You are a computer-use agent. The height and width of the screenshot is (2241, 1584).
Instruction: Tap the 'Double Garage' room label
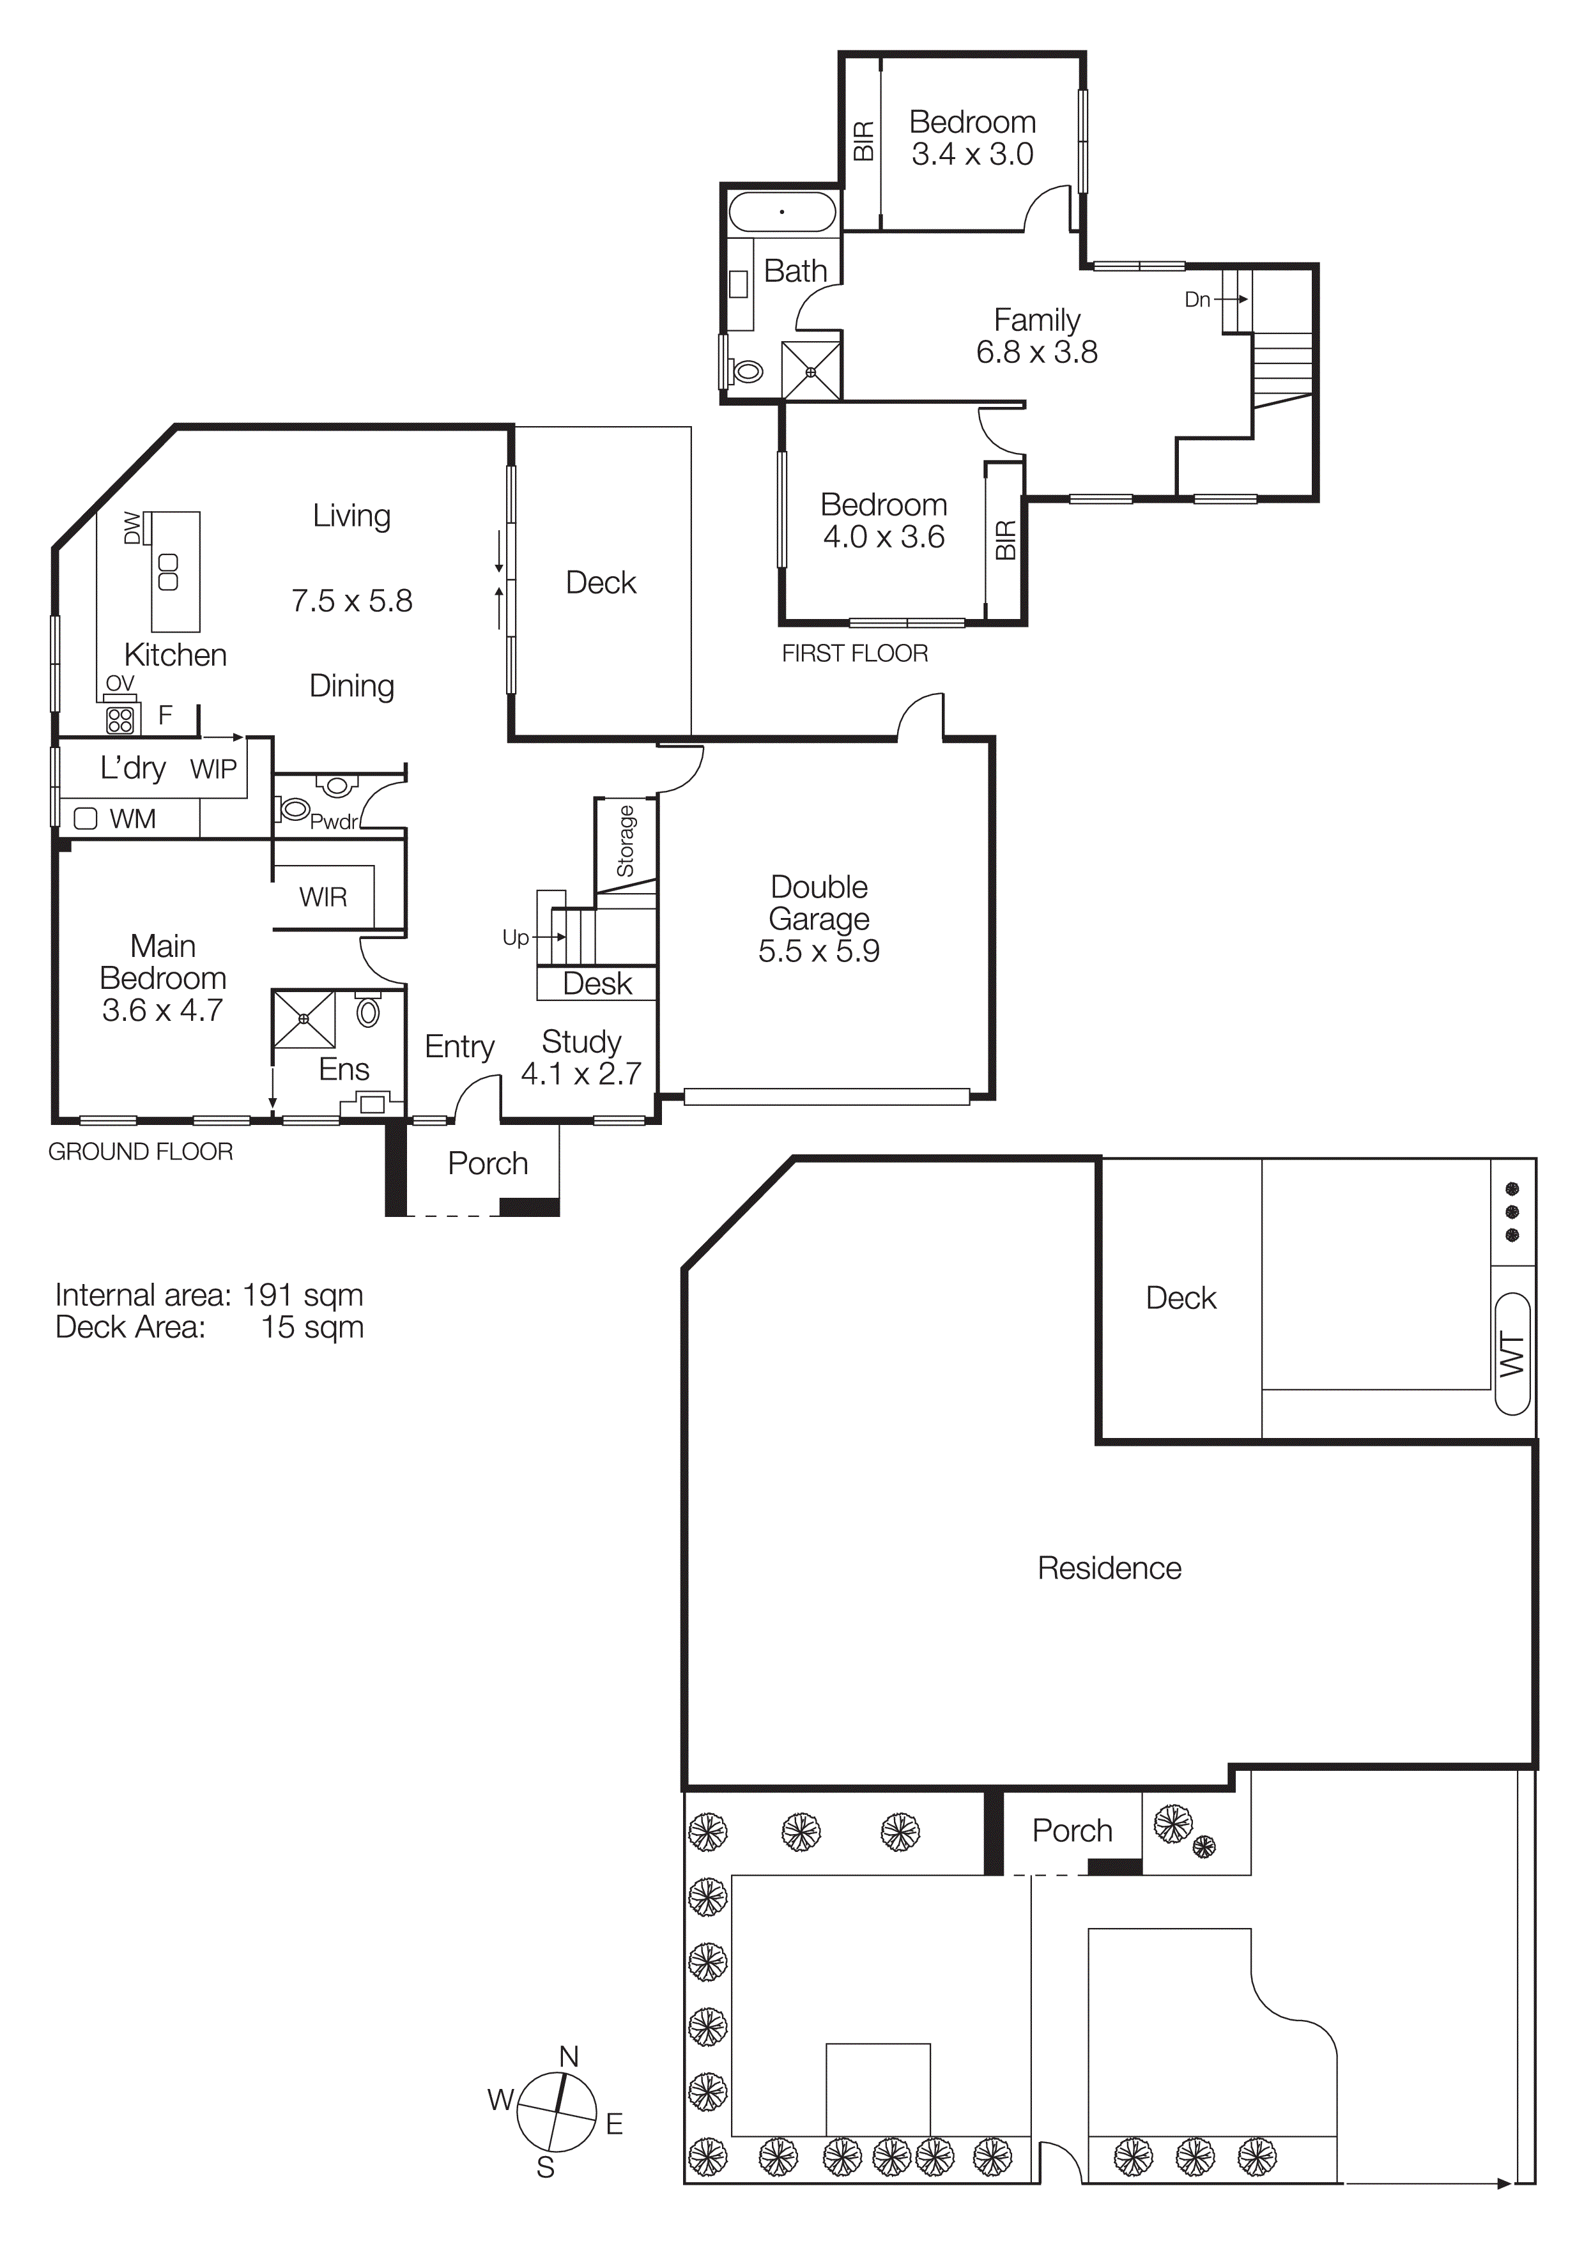[x=819, y=903]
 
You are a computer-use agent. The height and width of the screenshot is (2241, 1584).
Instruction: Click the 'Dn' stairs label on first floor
[x=1197, y=300]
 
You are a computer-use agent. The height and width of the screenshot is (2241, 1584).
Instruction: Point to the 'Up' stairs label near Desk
[x=515, y=937]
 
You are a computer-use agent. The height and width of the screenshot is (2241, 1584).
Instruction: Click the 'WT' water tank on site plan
[x=1512, y=1354]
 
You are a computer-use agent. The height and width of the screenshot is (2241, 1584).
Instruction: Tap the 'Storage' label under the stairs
[x=625, y=841]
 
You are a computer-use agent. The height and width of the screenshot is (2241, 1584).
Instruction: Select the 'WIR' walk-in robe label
[x=323, y=896]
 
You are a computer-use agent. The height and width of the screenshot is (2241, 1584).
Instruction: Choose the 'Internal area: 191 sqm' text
[x=209, y=1295]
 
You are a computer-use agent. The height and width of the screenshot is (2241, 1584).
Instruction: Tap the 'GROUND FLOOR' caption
[x=141, y=1152]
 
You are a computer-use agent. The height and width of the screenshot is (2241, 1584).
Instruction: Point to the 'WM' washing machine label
[x=133, y=819]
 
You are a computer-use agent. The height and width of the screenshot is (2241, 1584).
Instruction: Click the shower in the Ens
[x=304, y=1019]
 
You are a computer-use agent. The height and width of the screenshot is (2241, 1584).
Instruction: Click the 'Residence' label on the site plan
[x=1109, y=1568]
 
